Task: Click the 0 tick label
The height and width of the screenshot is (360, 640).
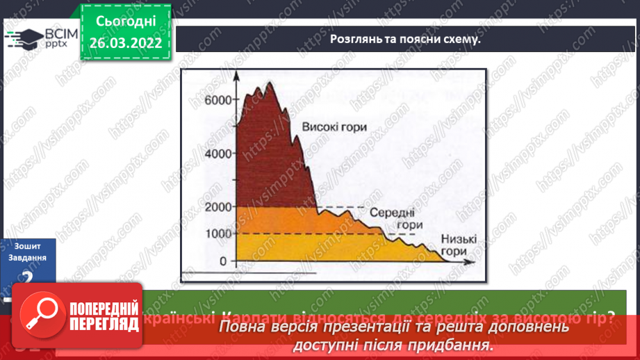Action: coord(223,261)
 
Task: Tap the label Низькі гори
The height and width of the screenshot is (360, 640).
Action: coord(459,245)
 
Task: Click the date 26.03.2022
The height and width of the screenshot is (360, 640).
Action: coord(126,43)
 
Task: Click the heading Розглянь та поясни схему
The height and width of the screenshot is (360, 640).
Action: coord(405,38)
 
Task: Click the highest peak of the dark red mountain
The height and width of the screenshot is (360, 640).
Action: coord(269,83)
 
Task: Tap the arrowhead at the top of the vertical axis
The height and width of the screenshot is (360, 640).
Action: coord(237,76)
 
